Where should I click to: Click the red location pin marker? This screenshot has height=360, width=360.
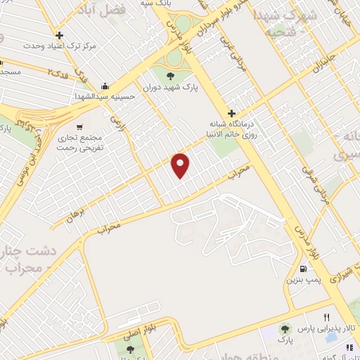click(181, 165)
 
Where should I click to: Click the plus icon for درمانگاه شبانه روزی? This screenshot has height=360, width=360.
click(231, 113)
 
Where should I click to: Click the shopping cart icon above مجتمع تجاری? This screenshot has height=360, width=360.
click(79, 127)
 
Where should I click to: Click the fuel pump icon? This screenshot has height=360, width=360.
click(303, 268)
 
